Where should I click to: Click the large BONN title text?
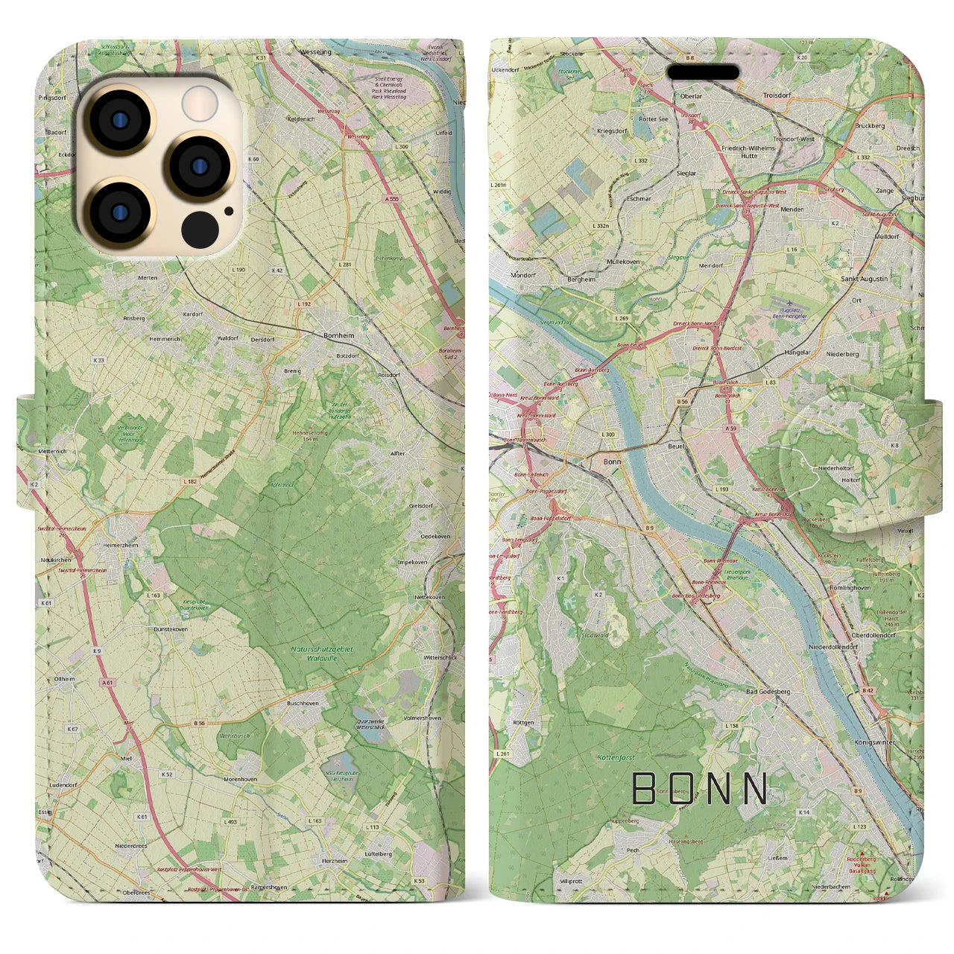tap(700, 789)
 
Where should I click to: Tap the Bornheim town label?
tap(339, 336)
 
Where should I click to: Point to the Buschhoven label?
tap(303, 703)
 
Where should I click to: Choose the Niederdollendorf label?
tap(833, 647)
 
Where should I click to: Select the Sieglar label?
tap(685, 173)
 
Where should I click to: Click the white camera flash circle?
tap(200, 103)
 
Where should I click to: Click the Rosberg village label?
tap(134, 318)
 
